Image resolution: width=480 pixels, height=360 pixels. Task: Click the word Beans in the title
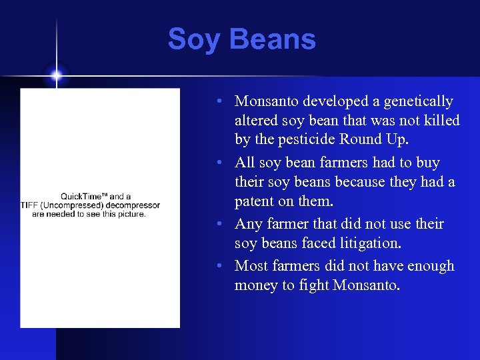[271, 39]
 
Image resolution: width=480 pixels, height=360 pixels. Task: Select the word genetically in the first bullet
[419, 101]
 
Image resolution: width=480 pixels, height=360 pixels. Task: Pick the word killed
[441, 121]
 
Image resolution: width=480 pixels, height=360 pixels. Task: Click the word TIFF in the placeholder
[31, 205]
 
